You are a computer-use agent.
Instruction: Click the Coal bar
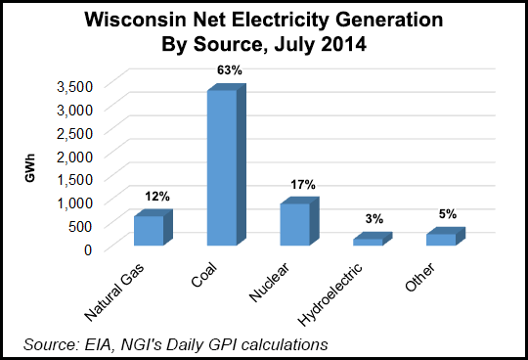click(222, 166)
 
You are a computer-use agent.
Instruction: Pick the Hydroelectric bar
click(368, 241)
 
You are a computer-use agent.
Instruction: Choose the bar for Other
click(441, 239)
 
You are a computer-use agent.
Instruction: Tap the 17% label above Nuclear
click(301, 183)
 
